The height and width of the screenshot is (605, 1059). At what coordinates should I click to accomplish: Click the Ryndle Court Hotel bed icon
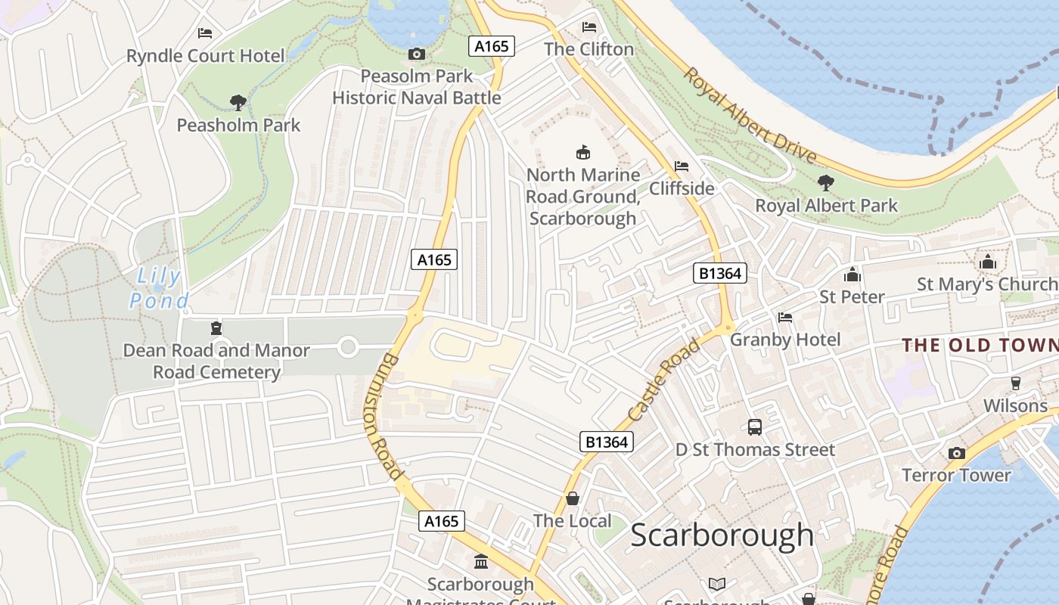205,33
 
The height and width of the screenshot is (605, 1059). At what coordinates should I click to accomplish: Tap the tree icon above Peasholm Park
238,102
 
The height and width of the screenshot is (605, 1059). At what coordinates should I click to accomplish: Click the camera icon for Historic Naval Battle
416,54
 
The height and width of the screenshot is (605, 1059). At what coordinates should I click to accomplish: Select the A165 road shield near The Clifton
492,46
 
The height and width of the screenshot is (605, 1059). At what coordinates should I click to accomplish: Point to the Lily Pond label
159,288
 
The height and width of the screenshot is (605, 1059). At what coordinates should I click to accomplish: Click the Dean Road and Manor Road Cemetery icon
216,328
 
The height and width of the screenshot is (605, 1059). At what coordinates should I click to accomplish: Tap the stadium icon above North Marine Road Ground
582,153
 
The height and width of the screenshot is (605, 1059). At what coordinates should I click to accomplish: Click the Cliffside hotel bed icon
682,166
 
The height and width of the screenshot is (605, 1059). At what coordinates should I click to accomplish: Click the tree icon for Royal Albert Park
825,182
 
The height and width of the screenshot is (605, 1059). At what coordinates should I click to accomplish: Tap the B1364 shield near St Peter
720,273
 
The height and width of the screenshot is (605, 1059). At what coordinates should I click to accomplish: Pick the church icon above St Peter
852,275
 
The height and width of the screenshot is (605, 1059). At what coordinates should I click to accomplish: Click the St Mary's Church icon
987,262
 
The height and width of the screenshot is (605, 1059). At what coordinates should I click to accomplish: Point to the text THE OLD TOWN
980,346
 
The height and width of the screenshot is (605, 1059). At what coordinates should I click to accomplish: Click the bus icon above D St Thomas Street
754,427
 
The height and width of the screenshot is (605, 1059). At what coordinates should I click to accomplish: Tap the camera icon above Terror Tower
956,453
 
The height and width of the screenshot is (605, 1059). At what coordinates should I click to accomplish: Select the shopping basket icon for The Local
573,498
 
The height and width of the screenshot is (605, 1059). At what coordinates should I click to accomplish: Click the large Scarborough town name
722,535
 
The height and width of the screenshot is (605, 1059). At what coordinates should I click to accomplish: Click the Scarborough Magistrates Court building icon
480,562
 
